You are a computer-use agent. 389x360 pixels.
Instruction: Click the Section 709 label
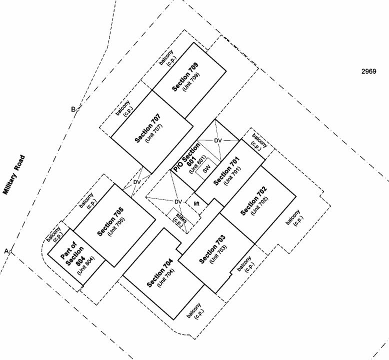tap(185, 77)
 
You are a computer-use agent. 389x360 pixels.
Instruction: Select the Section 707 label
tap(148, 128)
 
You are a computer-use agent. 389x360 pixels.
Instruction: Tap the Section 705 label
tap(110, 222)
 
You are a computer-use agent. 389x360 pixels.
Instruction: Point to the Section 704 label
tap(160, 273)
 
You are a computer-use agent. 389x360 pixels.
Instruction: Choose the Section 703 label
tap(212, 249)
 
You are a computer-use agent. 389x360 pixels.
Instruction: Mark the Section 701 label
tap(226, 171)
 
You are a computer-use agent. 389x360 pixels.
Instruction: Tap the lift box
tap(196, 204)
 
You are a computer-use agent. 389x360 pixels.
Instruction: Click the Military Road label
tap(14, 174)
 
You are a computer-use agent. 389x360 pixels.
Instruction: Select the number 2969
tap(368, 71)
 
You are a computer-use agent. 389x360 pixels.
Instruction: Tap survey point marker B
tap(77, 109)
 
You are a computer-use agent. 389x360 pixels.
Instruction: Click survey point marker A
tap(10, 252)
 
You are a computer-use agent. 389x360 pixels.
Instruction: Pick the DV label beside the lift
tap(178, 201)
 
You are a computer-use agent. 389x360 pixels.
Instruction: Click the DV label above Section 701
tap(218, 140)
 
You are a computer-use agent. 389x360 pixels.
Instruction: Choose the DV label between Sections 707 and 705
tap(137, 182)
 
